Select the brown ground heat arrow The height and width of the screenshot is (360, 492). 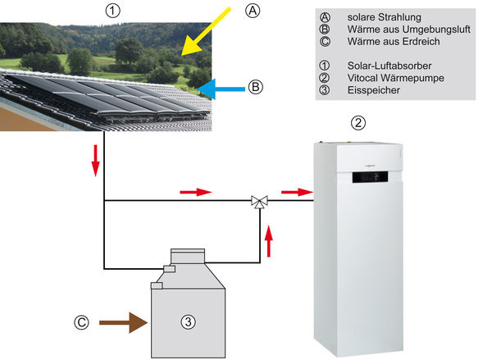click(121, 323)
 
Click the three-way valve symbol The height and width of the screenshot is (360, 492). click(258, 200)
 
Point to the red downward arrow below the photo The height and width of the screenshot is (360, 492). click(96, 163)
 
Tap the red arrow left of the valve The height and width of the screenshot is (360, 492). click(195, 193)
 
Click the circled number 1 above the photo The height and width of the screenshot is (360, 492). click(113, 11)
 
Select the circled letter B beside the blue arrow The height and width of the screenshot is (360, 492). click(255, 85)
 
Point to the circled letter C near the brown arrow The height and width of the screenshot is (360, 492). click(80, 323)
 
